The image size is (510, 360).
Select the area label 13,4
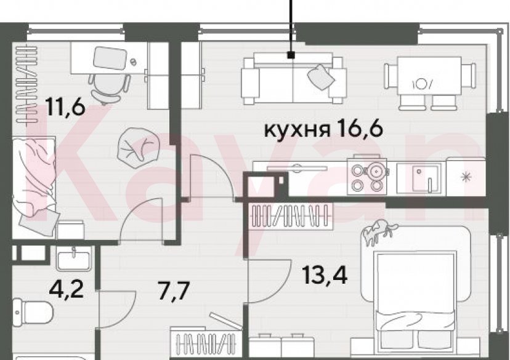click(325, 273)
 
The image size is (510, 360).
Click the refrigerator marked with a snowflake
click(466, 177)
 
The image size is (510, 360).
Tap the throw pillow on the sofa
click(322, 76)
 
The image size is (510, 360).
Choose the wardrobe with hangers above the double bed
click(289, 215)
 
